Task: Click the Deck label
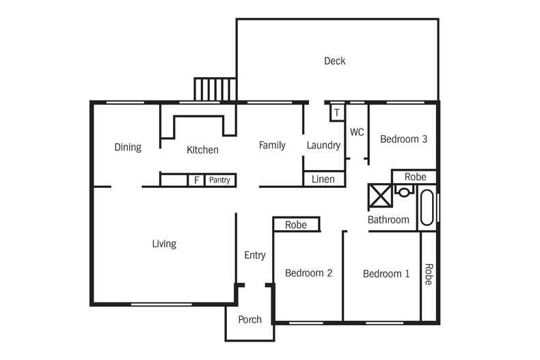click(334, 61)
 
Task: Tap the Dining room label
click(128, 147)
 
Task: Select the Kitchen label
click(202, 150)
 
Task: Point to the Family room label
click(271, 145)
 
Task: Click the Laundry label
click(323, 145)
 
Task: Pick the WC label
click(357, 132)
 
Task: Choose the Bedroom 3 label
click(403, 139)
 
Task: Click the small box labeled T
click(337, 112)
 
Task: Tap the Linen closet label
click(323, 179)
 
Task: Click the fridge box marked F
click(197, 180)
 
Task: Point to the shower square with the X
click(379, 195)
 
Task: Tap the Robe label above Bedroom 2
click(295, 224)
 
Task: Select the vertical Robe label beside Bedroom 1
click(429, 275)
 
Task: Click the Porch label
click(249, 319)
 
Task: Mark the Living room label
click(164, 243)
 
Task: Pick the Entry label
click(254, 255)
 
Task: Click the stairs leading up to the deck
click(215, 89)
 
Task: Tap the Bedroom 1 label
click(386, 274)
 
